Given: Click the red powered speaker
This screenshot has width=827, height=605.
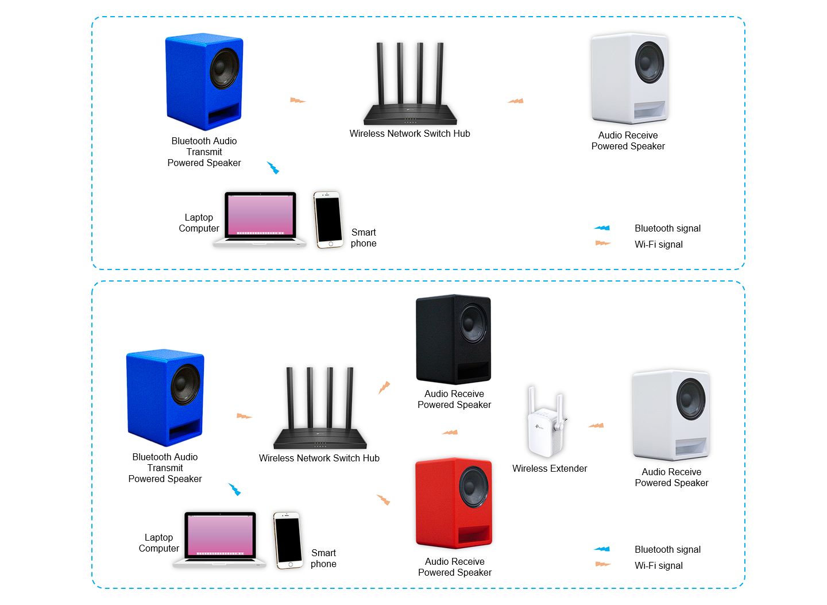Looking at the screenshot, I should click(454, 503).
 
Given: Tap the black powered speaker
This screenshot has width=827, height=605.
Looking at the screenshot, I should click(453, 339).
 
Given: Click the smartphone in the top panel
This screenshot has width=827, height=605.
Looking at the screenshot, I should click(328, 219).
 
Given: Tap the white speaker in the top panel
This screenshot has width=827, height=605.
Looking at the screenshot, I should click(629, 78).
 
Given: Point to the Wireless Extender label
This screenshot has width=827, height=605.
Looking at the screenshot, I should click(550, 468).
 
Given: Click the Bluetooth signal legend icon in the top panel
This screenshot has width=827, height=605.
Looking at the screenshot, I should click(602, 228).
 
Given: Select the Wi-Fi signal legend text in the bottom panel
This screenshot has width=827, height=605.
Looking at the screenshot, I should click(658, 565).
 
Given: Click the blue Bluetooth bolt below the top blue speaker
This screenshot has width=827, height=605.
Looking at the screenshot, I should click(273, 168).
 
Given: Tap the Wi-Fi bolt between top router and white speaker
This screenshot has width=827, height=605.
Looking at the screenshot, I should click(516, 101).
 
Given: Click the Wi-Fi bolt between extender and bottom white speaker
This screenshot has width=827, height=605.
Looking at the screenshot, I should click(596, 426).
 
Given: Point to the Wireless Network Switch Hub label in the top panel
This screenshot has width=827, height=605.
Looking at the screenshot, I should click(409, 133).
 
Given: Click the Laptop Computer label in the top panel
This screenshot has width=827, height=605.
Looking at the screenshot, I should click(199, 223).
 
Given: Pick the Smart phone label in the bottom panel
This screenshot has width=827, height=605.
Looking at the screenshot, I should click(323, 558).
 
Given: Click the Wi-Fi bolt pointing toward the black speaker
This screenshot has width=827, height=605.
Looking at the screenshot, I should click(384, 387).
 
